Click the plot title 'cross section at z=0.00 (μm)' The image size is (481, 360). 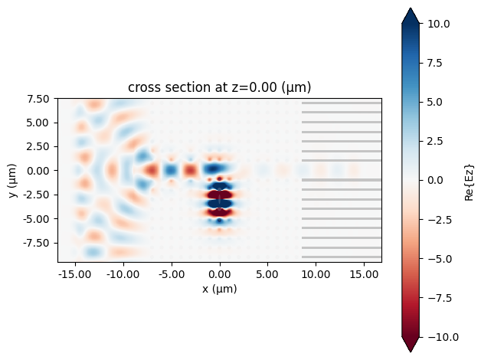point(220,87)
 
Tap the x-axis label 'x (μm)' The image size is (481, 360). point(220,290)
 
